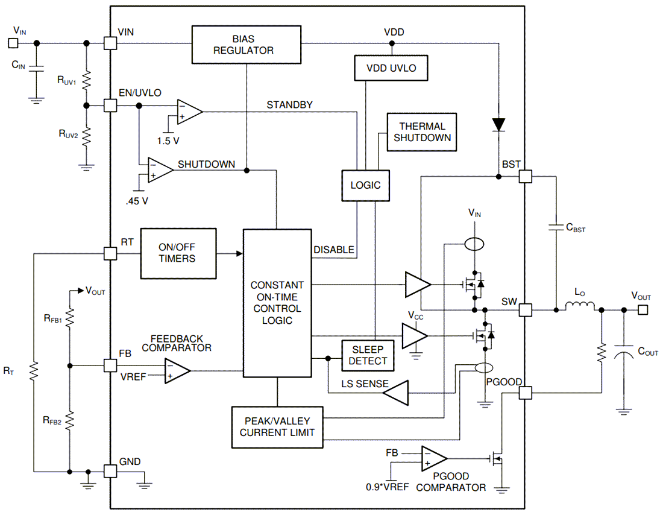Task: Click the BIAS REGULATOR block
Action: click(246, 44)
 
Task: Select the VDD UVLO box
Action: click(391, 68)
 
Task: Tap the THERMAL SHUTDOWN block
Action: click(422, 131)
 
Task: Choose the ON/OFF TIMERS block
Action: click(178, 253)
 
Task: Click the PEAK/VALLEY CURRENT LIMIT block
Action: click(277, 426)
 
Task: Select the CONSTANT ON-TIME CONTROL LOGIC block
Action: click(277, 303)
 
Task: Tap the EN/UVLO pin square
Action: click(110, 105)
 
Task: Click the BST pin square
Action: click(526, 176)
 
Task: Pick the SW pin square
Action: click(526, 310)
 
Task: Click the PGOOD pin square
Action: click(526, 393)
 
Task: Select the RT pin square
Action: click(110, 253)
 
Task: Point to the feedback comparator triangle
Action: click(177, 370)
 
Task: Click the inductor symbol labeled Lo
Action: click(580, 309)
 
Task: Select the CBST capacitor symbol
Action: click(556, 228)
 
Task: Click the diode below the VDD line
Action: click(498, 124)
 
